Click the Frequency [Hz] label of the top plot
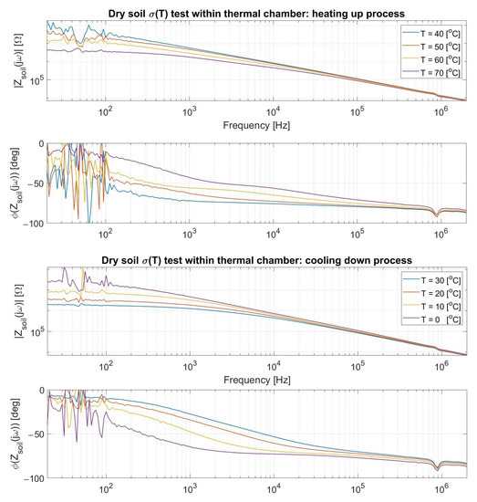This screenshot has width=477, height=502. pyautogui.click(x=258, y=120)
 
